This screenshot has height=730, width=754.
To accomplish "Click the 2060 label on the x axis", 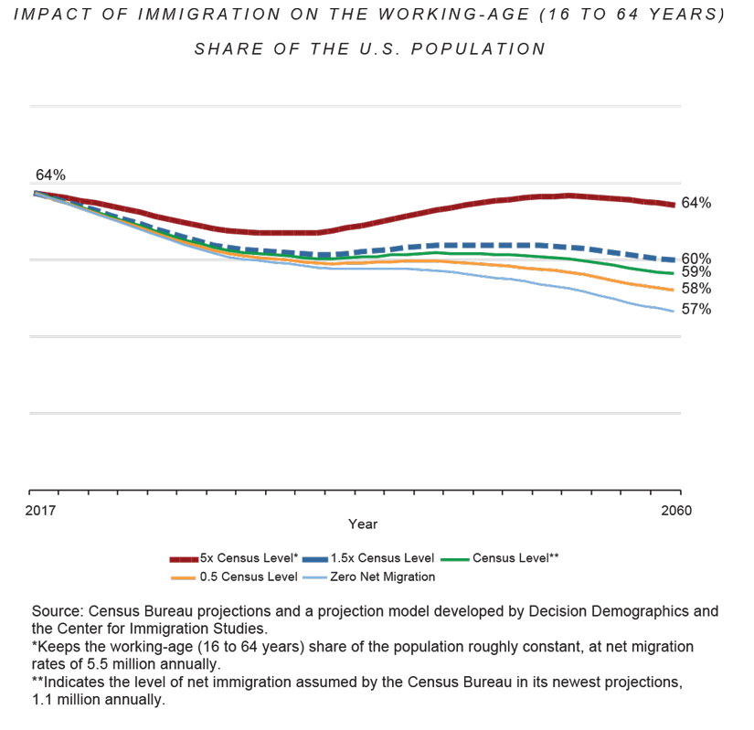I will click(x=674, y=510).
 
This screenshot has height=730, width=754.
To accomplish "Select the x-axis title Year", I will click(x=362, y=524).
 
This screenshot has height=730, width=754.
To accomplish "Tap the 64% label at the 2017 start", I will click(x=50, y=175).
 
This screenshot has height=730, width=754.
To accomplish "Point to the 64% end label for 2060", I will click(x=696, y=203).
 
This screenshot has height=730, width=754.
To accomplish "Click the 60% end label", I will click(x=696, y=259).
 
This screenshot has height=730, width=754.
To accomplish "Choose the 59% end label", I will click(x=696, y=272).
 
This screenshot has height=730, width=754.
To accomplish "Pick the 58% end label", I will click(x=696, y=289).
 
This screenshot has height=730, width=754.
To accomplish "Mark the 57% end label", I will click(x=696, y=310).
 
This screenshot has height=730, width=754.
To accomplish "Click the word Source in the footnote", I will click(x=54, y=610).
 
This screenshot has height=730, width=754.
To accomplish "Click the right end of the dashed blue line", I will click(x=674, y=260).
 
